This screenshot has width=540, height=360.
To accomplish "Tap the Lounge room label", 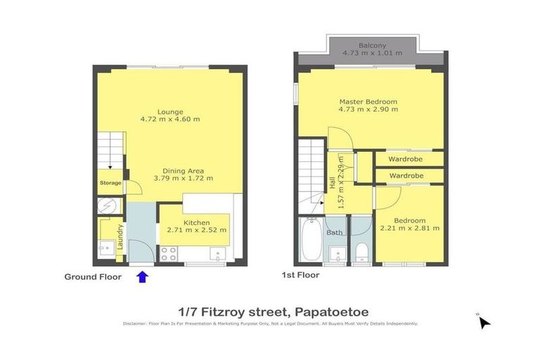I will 170,111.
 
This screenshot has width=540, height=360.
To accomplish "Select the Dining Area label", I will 184,170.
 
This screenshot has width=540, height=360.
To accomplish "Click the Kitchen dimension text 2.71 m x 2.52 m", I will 197,230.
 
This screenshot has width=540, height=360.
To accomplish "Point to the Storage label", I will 110,184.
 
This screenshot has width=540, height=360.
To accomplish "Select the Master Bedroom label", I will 368,101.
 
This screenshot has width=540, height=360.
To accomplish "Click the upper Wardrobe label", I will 405,159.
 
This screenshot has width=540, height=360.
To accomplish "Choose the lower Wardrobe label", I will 405,175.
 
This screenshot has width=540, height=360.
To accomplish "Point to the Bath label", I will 335,232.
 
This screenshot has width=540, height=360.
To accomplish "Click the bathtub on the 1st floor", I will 311,240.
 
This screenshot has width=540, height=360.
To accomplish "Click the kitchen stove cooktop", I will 169,254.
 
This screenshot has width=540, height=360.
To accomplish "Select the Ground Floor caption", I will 93,277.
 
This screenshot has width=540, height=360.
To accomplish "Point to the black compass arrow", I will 484,322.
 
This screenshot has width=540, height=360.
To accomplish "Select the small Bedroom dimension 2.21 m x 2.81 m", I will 410,228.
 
